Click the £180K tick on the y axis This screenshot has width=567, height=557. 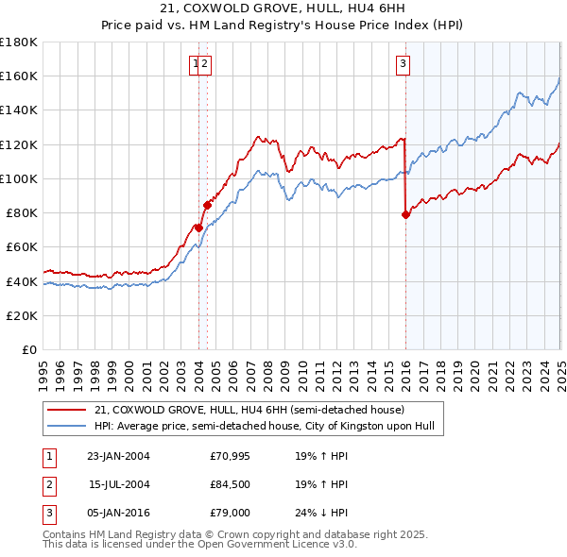click(19, 42)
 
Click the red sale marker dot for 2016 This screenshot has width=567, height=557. click(405, 214)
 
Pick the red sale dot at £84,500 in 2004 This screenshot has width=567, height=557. click(207, 204)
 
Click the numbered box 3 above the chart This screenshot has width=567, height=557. click(403, 64)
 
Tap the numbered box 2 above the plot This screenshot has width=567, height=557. click(204, 64)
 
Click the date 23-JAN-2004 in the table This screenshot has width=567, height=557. click(118, 456)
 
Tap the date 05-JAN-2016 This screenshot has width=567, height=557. click(118, 513)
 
